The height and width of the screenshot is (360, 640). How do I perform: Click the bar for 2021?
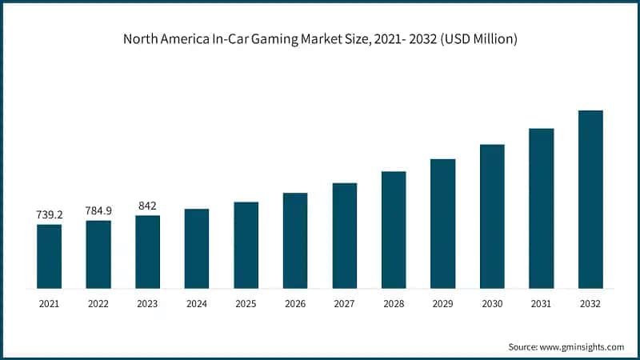tap(49, 256)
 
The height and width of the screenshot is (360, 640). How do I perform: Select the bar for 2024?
tap(197, 248)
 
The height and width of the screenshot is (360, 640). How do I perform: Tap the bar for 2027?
tap(345, 235)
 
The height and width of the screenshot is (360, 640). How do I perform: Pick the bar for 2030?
tap(492, 216)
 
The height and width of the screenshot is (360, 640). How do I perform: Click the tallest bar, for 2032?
tap(590, 199)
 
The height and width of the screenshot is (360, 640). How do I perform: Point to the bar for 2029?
tap(442, 223)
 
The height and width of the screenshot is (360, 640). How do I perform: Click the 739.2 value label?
tap(49, 214)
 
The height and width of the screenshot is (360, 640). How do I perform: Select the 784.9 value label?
tap(98, 210)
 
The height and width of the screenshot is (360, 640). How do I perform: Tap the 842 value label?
tap(147, 206)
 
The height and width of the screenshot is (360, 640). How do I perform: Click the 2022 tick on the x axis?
tap(98, 304)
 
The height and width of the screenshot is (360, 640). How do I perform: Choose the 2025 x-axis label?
tap(246, 304)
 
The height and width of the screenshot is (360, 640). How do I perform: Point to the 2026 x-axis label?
tap(295, 304)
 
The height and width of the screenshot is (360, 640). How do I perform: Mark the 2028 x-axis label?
tap(394, 304)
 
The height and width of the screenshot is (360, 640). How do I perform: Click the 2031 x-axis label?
tap(542, 304)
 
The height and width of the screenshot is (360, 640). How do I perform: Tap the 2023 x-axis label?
tap(147, 304)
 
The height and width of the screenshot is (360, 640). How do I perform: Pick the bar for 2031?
tap(542, 208)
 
